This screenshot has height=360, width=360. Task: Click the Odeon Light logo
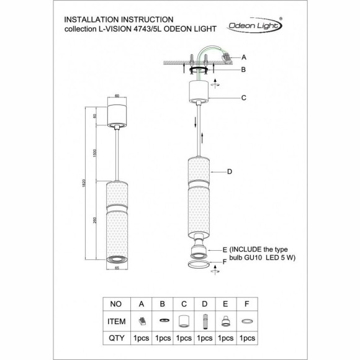[254, 25]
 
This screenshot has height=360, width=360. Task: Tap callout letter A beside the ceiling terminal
[244, 57]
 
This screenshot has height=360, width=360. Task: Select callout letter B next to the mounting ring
[243, 70]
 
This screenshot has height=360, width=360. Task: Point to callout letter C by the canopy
[243, 98]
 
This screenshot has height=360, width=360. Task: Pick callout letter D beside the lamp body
[230, 171]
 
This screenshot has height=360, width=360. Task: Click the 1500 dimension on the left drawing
[95, 153]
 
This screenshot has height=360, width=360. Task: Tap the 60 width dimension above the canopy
[117, 96]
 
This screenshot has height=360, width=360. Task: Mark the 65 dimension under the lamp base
[117, 268]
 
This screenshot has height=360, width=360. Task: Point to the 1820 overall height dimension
[84, 183]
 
